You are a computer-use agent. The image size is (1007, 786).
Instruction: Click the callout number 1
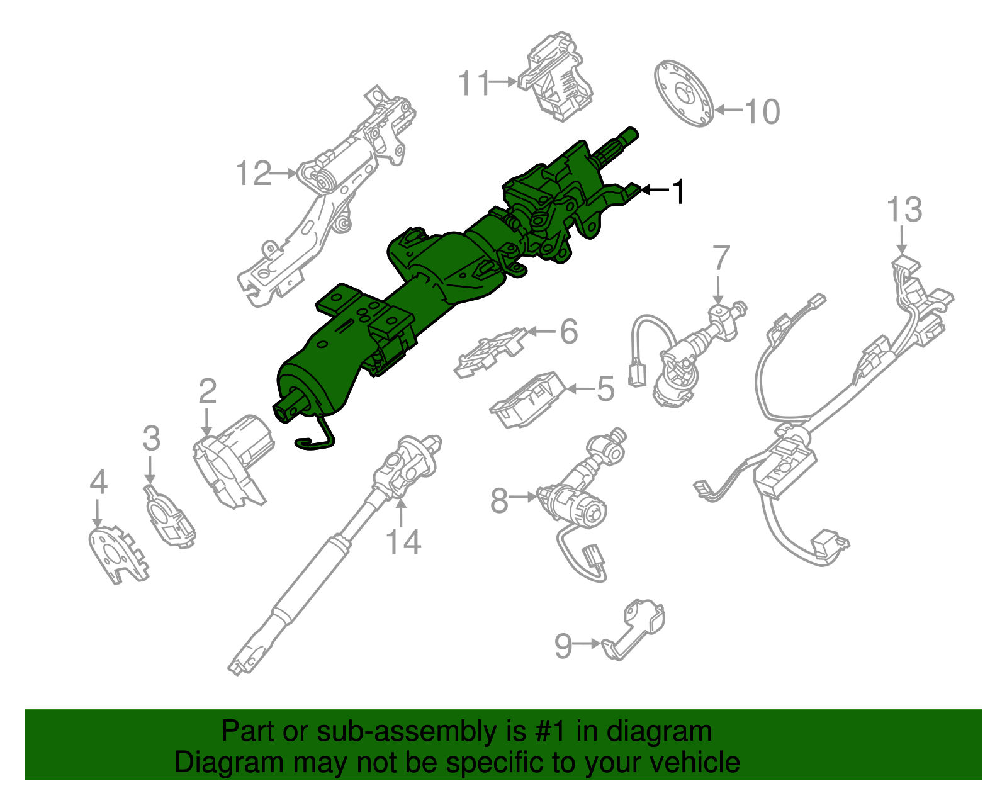point(678,191)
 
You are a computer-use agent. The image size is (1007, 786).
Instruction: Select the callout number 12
point(254,174)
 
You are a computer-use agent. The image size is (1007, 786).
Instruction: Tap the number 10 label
point(762,112)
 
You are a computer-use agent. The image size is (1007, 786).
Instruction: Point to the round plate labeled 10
point(685,93)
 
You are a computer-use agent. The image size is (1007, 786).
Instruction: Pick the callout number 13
point(904,210)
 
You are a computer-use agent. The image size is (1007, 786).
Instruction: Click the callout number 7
point(721,259)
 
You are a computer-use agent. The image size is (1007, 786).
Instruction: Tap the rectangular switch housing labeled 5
point(527,399)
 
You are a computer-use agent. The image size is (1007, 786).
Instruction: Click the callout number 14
point(403,542)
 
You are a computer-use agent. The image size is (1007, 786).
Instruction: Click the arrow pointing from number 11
point(503,82)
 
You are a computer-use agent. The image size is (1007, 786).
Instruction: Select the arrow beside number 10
point(729,110)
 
